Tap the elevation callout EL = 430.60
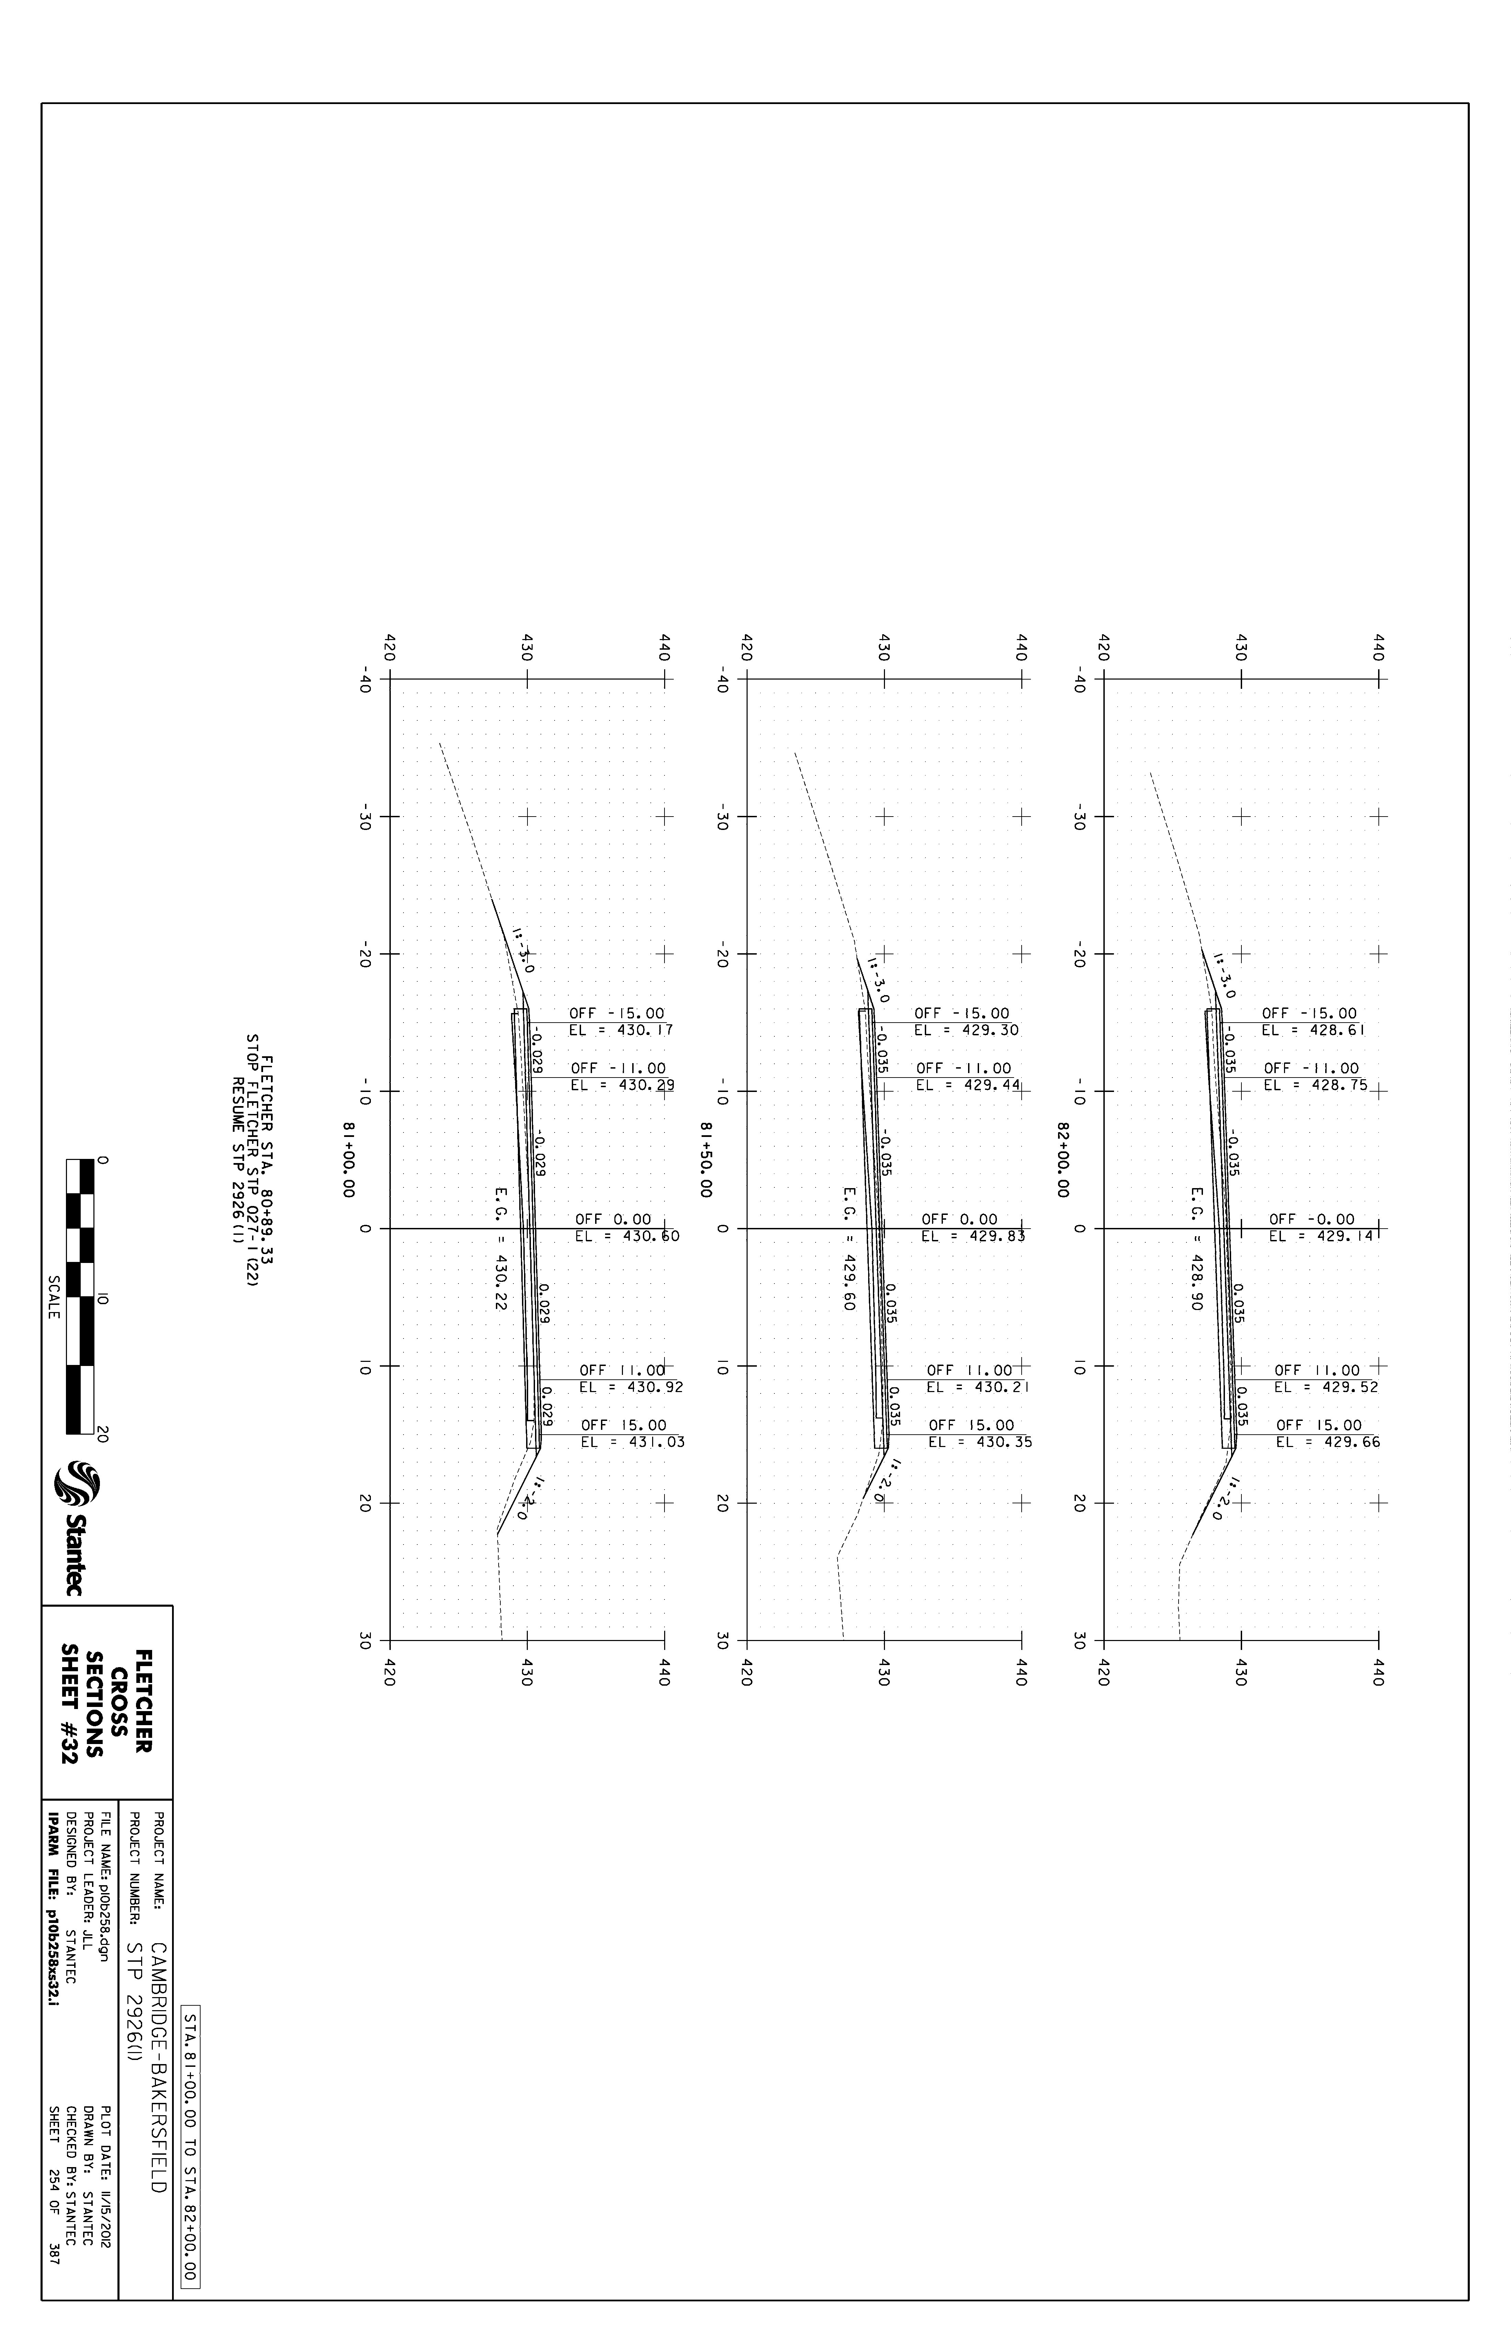[627, 1236]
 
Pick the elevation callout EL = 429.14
[1321, 1236]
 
